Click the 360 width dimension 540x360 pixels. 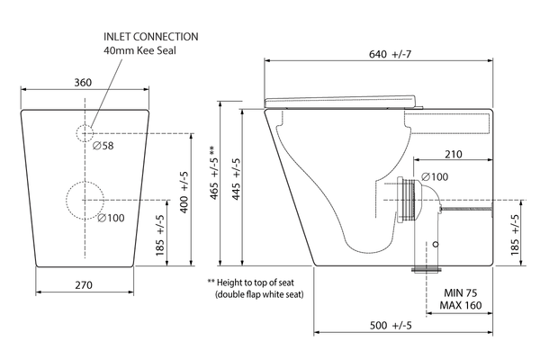83,83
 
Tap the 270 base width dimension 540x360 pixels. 84,285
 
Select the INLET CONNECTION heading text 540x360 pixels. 151,37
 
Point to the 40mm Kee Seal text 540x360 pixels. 139,50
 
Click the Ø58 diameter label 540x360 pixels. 103,146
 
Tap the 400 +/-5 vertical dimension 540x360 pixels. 184,193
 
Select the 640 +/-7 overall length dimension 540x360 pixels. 390,54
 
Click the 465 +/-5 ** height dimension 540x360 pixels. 214,173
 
